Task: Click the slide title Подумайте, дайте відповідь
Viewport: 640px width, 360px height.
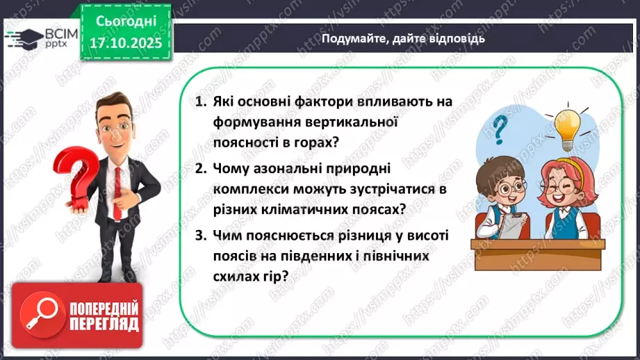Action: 403,39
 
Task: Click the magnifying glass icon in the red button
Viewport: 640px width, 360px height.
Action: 37,314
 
